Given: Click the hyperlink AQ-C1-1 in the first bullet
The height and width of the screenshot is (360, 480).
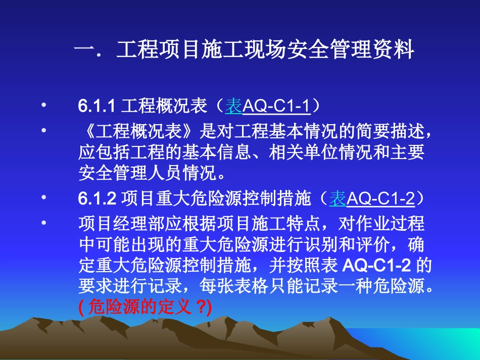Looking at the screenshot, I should point(276,107).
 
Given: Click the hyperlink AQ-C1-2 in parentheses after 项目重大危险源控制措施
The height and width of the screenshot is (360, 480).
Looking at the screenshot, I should point(381,199).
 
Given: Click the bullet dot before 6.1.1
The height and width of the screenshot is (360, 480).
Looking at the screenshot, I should point(44,106).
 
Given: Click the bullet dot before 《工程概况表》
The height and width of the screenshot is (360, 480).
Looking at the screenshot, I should point(44,130).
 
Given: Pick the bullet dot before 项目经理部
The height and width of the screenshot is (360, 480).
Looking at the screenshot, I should point(44,222).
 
